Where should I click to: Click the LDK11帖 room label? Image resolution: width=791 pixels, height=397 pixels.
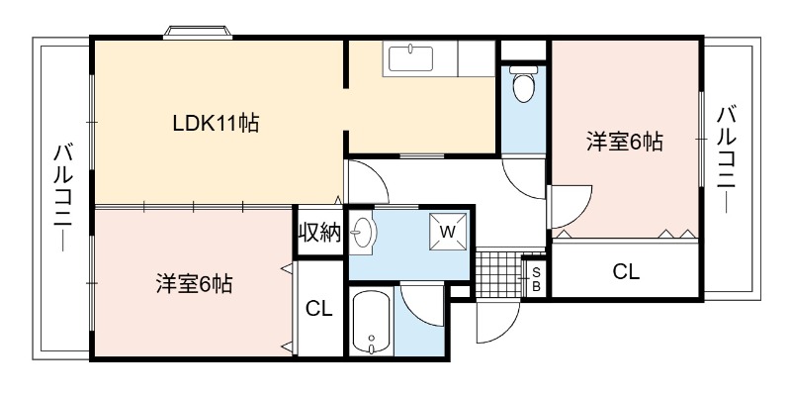click(216, 123)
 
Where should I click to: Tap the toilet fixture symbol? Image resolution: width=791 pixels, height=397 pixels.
click(523, 84)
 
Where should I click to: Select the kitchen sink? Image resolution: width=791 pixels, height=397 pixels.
click(410, 58)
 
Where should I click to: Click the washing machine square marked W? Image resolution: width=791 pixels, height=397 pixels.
click(448, 232)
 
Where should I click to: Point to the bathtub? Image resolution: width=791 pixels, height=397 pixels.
click(372, 322)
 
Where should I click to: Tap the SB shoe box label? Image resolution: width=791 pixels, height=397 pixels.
click(536, 279)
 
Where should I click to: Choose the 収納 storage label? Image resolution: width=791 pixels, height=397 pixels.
click(319, 233)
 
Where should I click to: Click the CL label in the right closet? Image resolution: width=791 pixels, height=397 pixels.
click(626, 271)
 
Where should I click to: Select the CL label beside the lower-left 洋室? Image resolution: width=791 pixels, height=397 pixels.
click(319, 308)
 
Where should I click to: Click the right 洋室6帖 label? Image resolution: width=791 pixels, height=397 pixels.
click(624, 142)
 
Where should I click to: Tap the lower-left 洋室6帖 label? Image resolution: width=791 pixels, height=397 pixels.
click(194, 284)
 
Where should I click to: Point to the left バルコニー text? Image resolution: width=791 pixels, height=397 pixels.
click(64, 198)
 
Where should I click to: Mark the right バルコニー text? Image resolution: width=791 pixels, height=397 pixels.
click(727, 159)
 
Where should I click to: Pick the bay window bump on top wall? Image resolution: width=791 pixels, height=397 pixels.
click(198, 32)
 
